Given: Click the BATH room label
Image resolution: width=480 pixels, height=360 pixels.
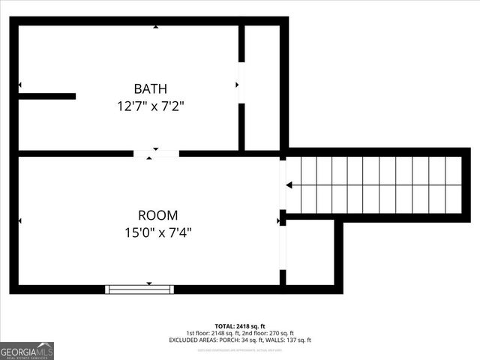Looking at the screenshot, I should [151, 88].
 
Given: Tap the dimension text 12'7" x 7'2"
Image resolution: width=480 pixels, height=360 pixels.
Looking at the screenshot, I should [151, 106].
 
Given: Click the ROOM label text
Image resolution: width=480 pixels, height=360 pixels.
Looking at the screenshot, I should [158, 215].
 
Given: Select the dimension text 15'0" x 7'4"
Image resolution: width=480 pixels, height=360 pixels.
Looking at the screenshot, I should [158, 232].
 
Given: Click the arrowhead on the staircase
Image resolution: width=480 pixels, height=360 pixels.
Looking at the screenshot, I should [289, 184].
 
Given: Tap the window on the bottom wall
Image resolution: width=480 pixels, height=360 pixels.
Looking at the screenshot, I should [139, 289].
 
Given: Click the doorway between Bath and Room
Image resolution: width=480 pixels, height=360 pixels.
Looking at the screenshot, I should [156, 154].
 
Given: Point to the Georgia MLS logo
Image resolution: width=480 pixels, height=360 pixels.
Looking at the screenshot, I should [27, 351].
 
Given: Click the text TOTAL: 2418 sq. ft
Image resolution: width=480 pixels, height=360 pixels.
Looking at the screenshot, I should [240, 325].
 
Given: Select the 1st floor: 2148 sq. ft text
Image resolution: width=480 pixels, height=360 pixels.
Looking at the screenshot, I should [213, 333].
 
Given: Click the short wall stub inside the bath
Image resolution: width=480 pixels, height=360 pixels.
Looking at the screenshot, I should [47, 96].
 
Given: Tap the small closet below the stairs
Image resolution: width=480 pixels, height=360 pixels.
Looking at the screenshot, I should [310, 252].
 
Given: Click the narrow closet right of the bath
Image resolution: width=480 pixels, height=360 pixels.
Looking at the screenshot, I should [262, 86].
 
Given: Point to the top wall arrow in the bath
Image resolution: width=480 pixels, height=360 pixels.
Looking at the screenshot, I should [156, 27].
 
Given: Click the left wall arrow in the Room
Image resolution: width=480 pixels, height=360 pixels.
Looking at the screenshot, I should [20, 220].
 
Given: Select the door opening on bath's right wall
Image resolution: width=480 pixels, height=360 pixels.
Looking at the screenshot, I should [241, 82].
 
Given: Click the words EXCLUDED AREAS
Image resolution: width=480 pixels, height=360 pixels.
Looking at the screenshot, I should [193, 340].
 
